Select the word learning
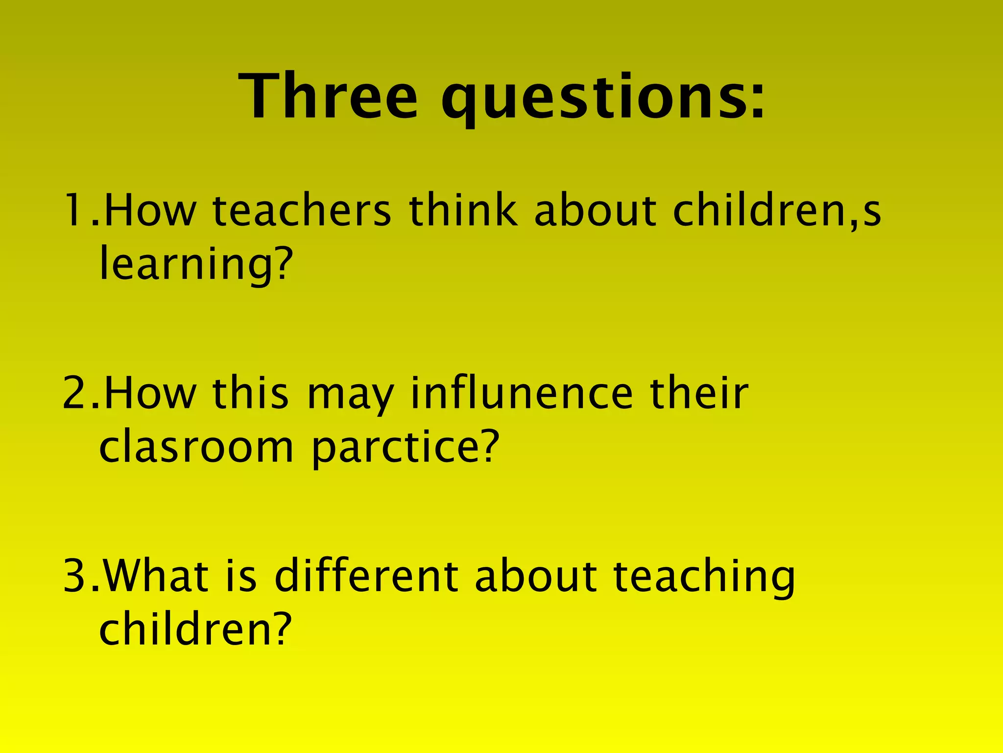[186, 265]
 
